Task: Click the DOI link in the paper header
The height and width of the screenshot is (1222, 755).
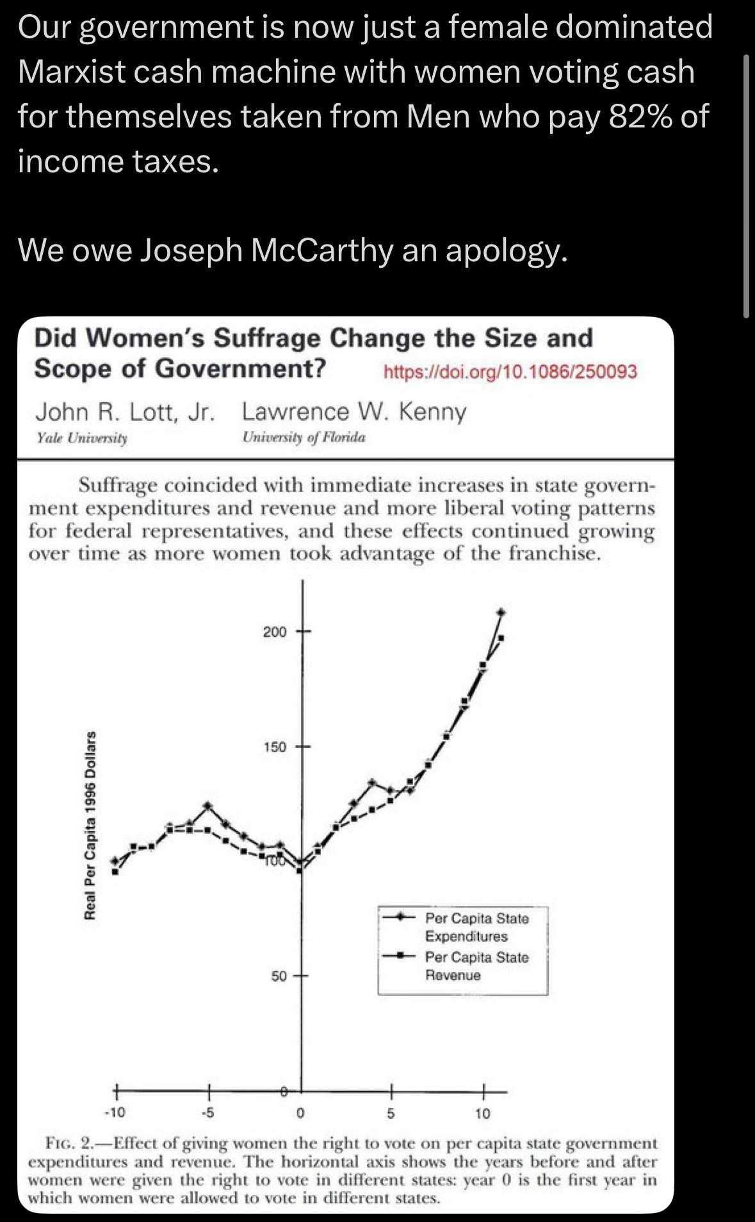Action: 510,371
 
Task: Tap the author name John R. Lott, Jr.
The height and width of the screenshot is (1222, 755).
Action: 125,412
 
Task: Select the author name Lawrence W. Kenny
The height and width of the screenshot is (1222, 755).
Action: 354,412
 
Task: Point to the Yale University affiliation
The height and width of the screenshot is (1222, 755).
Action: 82,438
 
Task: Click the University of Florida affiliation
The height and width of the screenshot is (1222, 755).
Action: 304,438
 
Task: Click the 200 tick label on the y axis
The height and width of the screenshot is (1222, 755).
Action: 275,632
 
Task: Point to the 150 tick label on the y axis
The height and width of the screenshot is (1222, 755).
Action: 275,747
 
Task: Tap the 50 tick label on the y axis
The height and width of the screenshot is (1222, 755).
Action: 279,977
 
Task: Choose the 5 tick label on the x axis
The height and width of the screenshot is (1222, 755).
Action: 391,1113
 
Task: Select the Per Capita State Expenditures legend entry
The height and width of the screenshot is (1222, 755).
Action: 476,927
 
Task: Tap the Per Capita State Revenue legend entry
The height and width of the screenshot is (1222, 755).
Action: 476,966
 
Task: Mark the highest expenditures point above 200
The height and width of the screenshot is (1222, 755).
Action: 501,612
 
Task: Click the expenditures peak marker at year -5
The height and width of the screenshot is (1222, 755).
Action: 207,805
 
